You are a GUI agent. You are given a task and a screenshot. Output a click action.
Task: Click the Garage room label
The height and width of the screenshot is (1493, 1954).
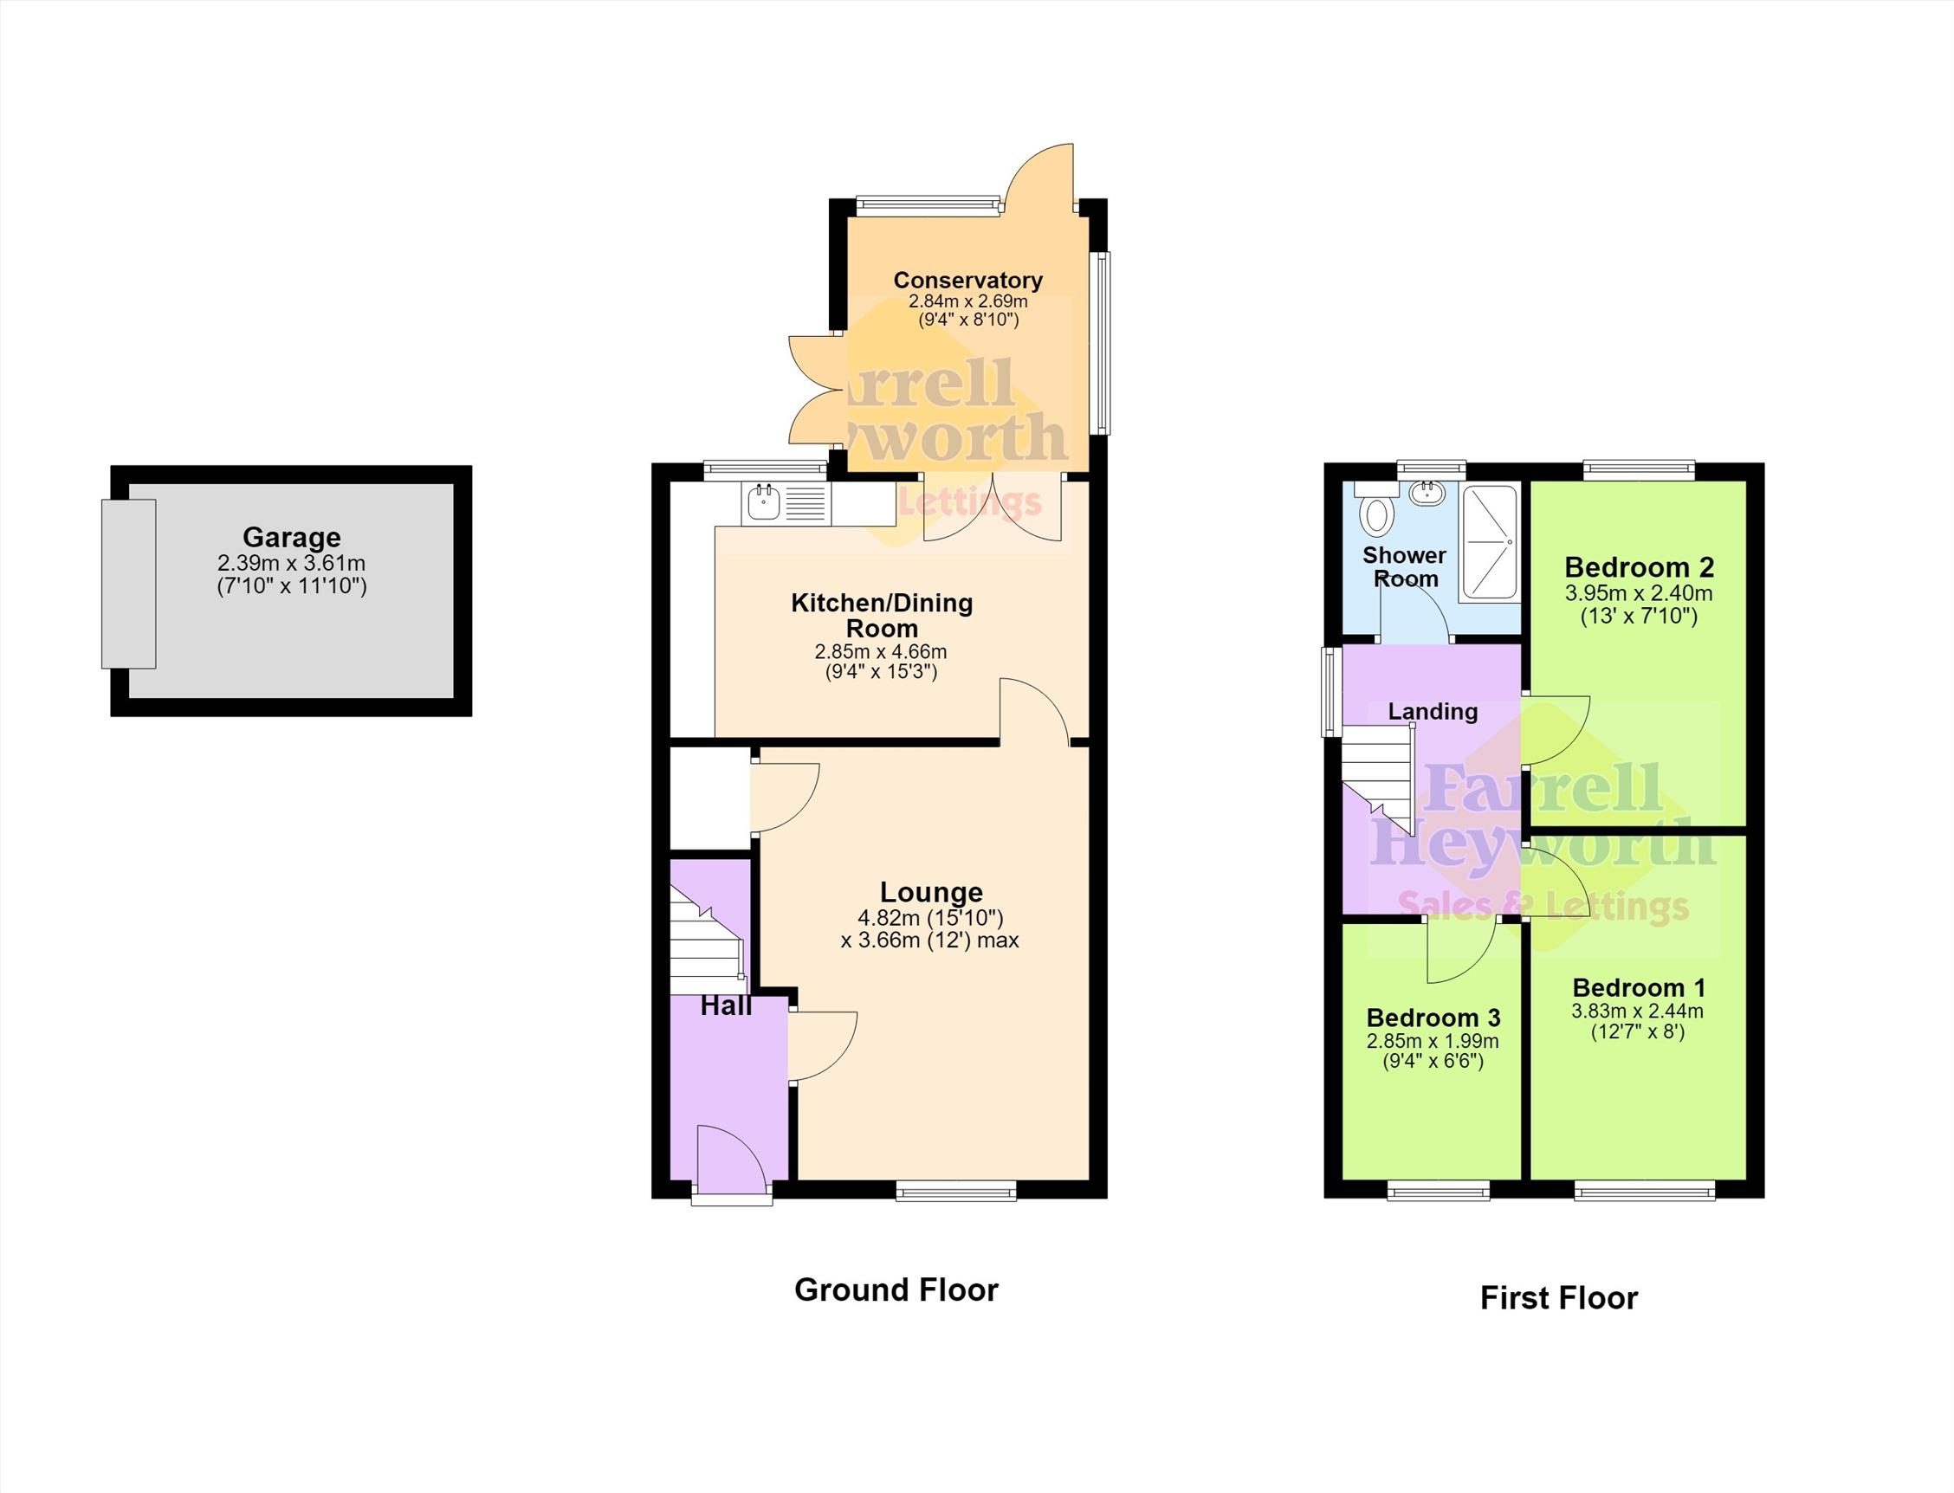click(292, 538)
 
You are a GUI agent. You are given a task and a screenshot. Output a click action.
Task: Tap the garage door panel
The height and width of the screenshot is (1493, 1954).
click(129, 584)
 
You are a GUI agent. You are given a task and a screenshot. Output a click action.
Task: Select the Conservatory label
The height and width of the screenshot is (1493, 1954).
click(967, 280)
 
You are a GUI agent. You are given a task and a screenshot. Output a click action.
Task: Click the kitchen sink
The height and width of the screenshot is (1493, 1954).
click(763, 504)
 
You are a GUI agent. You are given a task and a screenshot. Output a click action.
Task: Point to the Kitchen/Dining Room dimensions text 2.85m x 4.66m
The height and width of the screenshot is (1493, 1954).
click(881, 651)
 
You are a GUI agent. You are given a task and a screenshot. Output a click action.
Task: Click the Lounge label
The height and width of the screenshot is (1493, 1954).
click(931, 892)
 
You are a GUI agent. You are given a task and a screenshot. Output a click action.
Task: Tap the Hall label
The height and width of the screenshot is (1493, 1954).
click(726, 1006)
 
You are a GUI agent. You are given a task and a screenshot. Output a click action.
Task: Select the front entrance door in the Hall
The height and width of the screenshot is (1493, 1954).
click(730, 1160)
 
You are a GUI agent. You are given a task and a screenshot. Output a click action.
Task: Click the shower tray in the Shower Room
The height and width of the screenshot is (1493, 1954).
click(1488, 541)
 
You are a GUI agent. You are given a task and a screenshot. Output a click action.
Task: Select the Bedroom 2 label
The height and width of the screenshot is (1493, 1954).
click(1639, 566)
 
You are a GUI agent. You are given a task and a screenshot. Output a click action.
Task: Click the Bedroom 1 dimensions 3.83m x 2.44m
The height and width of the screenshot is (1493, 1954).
click(1637, 1011)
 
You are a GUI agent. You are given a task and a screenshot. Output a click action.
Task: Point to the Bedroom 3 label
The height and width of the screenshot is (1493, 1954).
click(1433, 1018)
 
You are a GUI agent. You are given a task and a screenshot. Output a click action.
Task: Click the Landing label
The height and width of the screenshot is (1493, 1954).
click(1433, 712)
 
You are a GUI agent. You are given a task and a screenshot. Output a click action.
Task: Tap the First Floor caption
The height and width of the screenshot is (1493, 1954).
click(1558, 1298)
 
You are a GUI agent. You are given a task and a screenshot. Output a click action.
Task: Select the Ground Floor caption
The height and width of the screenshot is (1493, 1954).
click(896, 1289)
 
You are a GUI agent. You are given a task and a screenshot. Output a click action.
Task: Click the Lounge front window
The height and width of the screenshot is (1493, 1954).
click(955, 1190)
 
